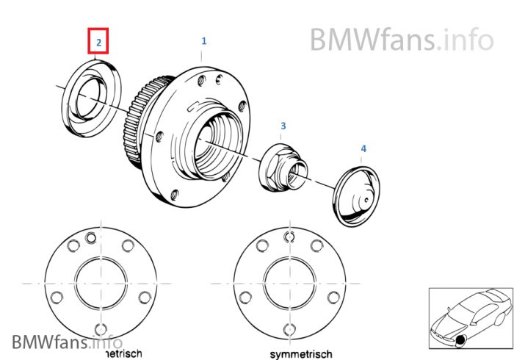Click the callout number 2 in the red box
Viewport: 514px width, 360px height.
click(98, 42)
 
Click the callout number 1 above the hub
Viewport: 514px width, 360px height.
click(204, 41)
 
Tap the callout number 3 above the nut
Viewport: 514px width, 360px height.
click(283, 126)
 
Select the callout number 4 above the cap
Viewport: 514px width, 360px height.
click(363, 149)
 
